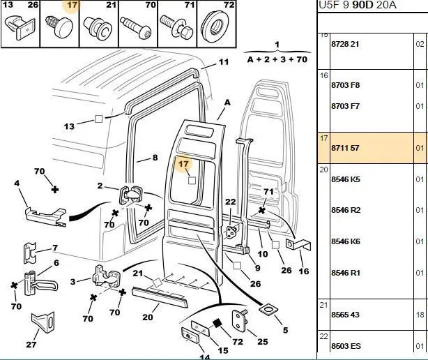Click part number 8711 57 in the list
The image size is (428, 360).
[344, 148]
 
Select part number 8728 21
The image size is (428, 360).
[344, 43]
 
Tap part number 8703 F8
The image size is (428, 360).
[344, 85]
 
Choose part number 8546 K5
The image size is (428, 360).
[344, 179]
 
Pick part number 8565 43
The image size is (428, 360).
[344, 315]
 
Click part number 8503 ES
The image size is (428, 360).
[344, 345]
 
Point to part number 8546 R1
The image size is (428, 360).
[344, 272]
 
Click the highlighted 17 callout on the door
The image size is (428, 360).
[184, 165]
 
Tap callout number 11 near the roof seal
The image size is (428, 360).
[223, 62]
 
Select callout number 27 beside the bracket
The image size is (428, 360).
[31, 344]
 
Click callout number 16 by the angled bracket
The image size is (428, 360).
[303, 271]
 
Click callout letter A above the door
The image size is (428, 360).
[226, 102]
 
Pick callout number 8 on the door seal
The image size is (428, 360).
[155, 158]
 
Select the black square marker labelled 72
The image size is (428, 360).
[217, 322]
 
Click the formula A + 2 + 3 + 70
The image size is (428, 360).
[277, 60]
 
